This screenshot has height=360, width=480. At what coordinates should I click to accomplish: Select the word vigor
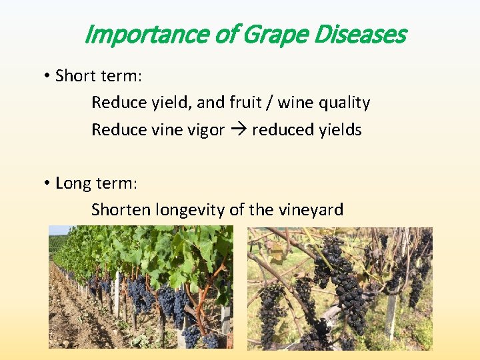coord(204,131)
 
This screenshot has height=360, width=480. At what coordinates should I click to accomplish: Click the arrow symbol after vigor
coord(238,130)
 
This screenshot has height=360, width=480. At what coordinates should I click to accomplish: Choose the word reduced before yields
coord(281,130)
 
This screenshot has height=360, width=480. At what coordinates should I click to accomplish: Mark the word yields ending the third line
coord(340,131)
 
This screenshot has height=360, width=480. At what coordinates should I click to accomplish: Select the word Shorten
coord(121,210)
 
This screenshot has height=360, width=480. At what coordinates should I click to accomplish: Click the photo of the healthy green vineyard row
coord(141,287)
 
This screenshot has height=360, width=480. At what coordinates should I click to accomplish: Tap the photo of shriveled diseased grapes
coord(340,288)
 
